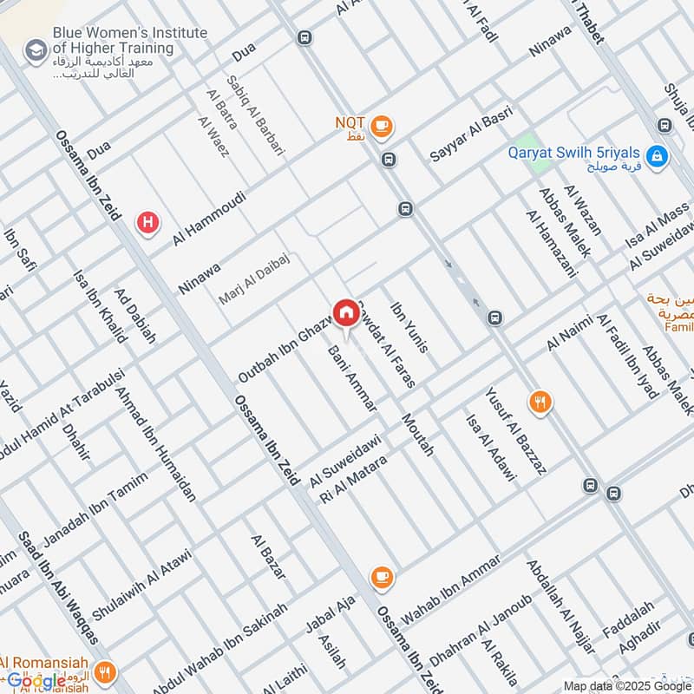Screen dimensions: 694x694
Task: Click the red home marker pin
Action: click(x=345, y=312)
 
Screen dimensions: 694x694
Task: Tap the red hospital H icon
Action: click(x=148, y=223)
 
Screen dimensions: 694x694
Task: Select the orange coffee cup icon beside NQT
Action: click(x=381, y=127)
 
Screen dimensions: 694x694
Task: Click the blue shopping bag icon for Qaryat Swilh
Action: click(x=658, y=156)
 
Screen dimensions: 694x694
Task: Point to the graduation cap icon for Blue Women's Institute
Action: click(x=36, y=49)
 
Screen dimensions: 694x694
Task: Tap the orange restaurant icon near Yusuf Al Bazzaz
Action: click(x=541, y=401)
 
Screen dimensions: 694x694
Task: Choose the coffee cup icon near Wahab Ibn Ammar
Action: click(x=381, y=576)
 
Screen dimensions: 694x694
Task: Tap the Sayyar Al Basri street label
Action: click(x=472, y=134)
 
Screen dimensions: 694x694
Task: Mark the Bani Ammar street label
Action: click(x=352, y=378)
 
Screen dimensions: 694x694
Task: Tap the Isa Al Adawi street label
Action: click(x=491, y=448)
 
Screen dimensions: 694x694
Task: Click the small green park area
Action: click(x=523, y=146)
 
